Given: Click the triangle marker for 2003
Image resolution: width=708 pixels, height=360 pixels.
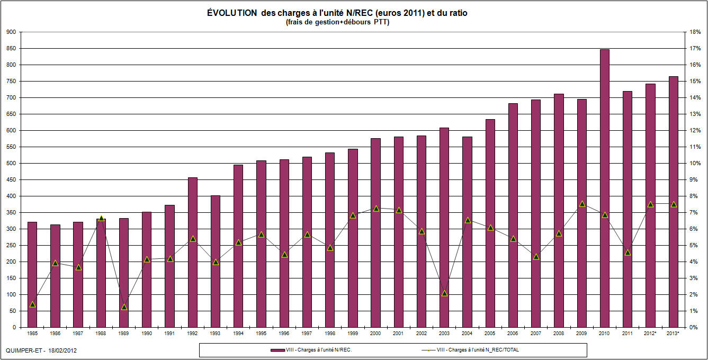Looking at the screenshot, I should [x=444, y=293].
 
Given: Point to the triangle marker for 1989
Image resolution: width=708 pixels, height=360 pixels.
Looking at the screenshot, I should [x=124, y=307].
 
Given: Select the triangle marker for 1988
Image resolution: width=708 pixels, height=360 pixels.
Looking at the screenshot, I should [x=101, y=218].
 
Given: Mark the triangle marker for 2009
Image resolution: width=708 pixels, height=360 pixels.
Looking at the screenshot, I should [x=581, y=203].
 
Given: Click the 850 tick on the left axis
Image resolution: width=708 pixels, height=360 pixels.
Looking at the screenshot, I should [x=10, y=49].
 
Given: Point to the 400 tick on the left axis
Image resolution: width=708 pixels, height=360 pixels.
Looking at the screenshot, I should [x=10, y=196].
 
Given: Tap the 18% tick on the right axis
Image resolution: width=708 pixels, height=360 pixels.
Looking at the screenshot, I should [x=695, y=32].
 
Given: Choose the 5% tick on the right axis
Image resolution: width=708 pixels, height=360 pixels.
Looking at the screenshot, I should [x=694, y=246].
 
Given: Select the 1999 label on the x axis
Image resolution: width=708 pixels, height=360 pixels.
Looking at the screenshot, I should [x=353, y=334].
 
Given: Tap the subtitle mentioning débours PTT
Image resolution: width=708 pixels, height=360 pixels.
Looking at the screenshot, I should [x=337, y=22].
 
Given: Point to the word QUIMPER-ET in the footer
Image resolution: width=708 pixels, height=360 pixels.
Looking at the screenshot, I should [x=22, y=351].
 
